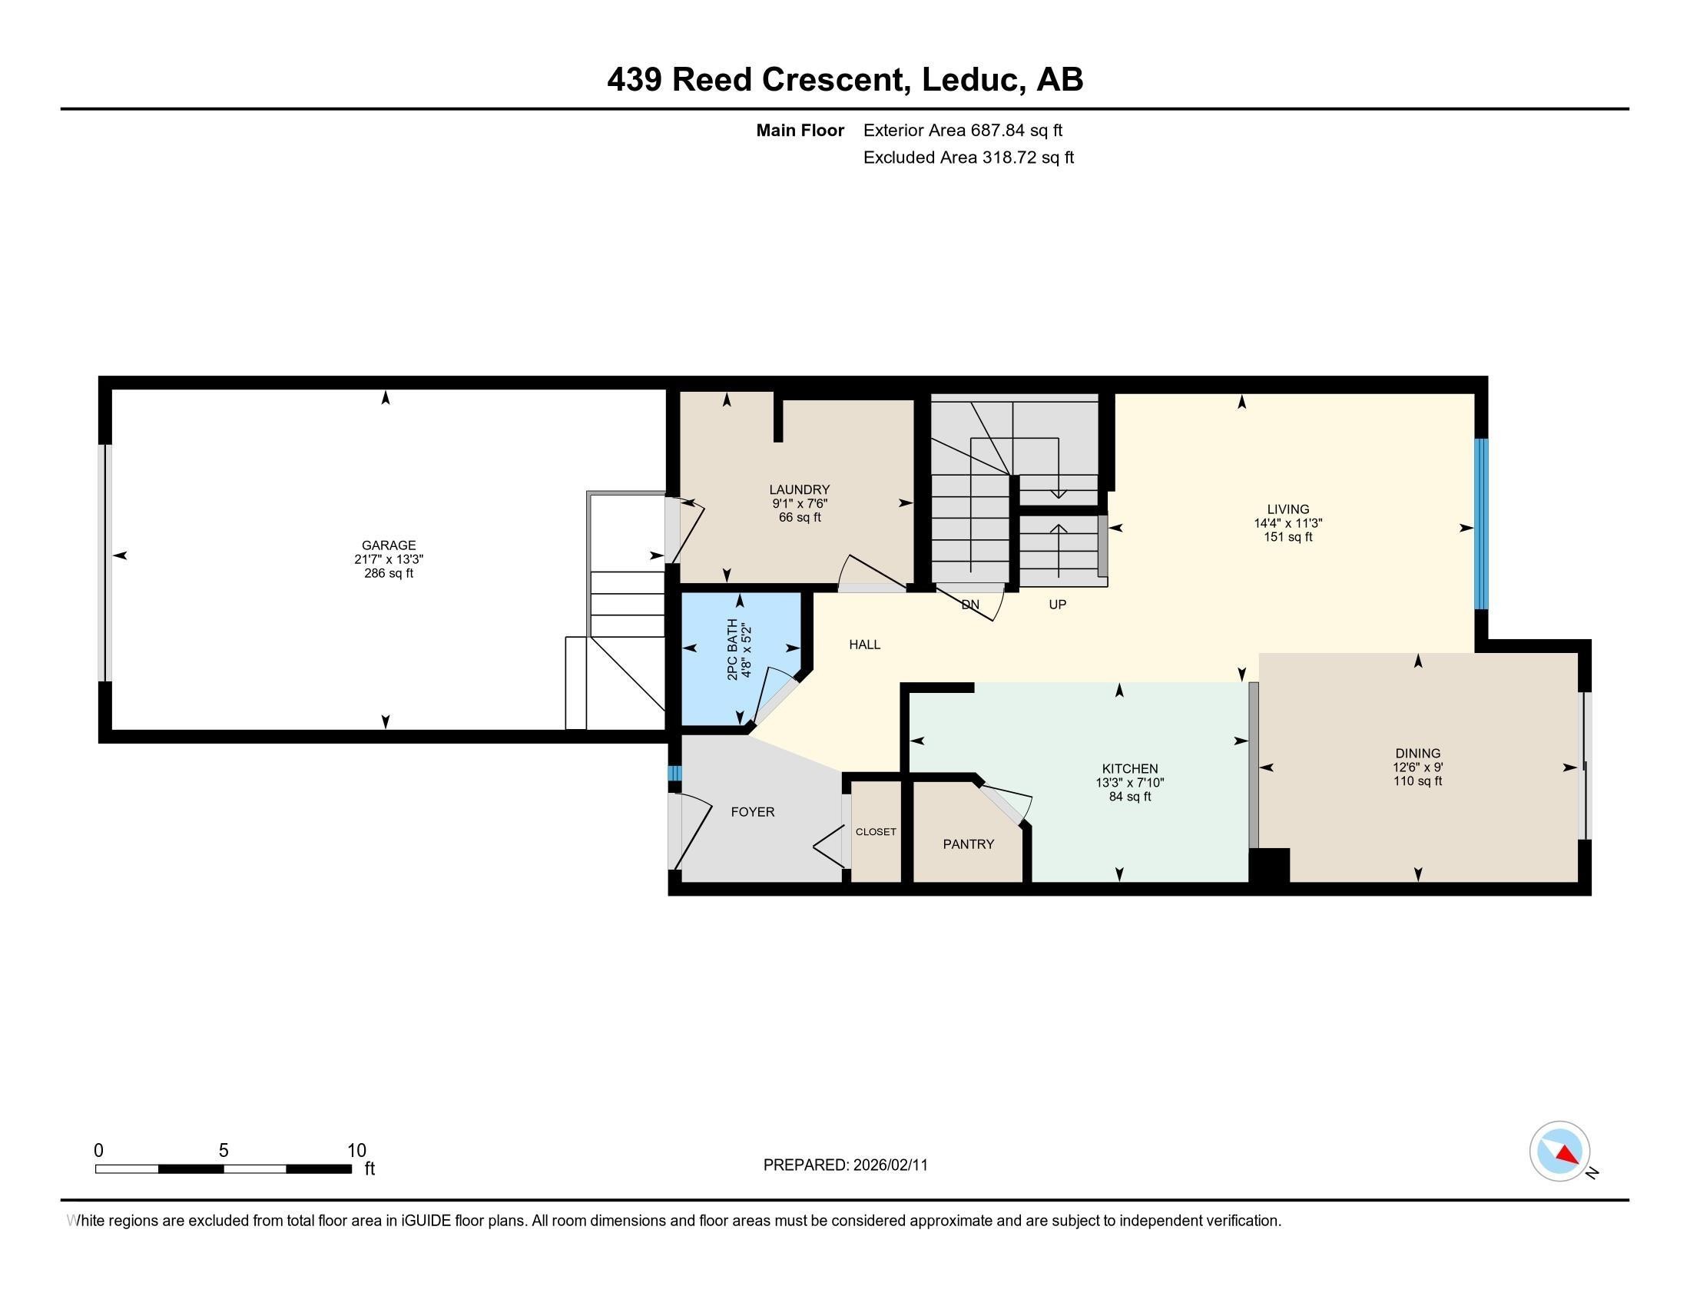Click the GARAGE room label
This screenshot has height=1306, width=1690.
[389, 545]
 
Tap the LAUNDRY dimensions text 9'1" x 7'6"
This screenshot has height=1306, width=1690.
[800, 503]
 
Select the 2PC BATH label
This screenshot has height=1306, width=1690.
[732, 648]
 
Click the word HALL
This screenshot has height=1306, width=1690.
[864, 645]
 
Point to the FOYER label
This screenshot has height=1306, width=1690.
[752, 811]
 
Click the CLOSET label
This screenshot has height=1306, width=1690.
[875, 832]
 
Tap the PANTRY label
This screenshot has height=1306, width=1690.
[968, 844]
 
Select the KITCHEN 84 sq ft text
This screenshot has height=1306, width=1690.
[1130, 796]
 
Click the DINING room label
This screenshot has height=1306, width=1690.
[1417, 753]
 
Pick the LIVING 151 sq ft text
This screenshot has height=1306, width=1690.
[1287, 537]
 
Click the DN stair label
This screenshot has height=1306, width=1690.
[969, 605]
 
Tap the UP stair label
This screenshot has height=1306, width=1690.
[1057, 605]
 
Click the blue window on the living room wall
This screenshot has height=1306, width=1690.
[1480, 524]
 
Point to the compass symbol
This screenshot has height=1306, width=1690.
[1559, 1151]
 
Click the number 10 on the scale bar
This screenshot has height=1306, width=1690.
[356, 1150]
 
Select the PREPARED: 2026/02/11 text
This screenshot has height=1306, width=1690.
[845, 1165]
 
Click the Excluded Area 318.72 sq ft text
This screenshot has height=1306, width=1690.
[968, 157]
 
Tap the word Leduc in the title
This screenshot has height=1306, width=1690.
[969, 80]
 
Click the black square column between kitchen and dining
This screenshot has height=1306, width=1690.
[1269, 864]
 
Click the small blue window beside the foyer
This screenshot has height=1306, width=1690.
[674, 773]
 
